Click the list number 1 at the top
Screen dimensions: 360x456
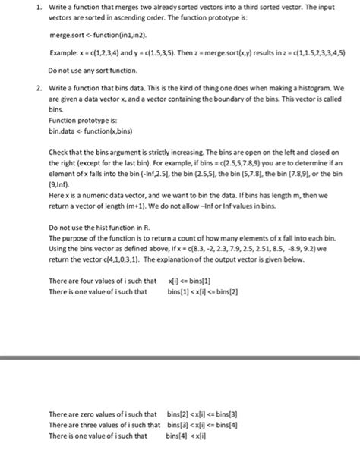click(28, 6)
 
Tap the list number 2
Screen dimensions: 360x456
click(28, 88)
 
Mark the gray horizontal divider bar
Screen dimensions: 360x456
click(180, 357)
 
